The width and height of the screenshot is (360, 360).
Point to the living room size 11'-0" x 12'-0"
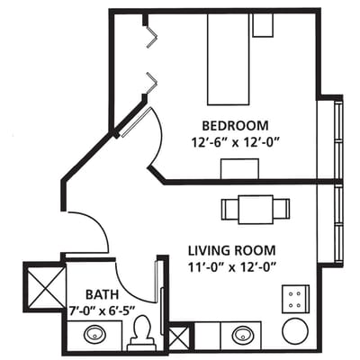tap(231, 266)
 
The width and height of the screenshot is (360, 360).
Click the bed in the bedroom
tap(229, 59)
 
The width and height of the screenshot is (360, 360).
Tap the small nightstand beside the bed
tap(263, 25)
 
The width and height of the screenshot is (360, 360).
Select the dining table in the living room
tap(256, 209)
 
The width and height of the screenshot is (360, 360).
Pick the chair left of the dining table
tap(229, 209)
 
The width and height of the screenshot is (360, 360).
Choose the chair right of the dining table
tap(283, 209)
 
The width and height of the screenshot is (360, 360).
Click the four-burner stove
tap(295, 298)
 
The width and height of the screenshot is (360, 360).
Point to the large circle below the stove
tap(295, 330)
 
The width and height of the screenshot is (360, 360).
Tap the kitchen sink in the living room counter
tap(241, 336)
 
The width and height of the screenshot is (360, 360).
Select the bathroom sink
tap(94, 337)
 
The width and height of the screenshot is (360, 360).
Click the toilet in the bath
tap(140, 334)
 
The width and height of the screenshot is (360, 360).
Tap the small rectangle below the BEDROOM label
tap(239, 168)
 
